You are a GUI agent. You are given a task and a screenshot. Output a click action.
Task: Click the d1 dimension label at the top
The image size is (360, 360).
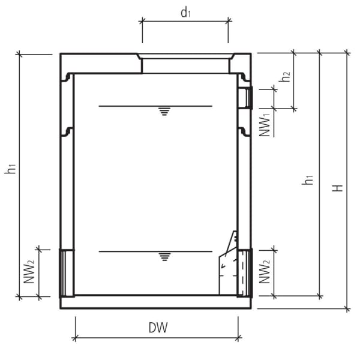point(185,13)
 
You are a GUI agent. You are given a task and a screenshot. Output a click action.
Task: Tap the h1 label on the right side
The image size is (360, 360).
point(308,179)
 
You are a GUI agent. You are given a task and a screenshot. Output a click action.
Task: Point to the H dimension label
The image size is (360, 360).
point(339,187)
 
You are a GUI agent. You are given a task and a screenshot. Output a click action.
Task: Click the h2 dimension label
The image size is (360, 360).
point(286,76)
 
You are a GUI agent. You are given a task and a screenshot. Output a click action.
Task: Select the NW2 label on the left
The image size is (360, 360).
point(28,271)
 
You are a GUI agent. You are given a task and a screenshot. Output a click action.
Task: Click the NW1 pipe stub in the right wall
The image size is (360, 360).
point(245,97)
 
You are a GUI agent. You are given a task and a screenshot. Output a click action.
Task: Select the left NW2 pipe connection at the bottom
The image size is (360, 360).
point(67,272)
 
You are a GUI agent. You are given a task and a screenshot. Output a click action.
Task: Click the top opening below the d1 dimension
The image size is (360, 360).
point(185,64)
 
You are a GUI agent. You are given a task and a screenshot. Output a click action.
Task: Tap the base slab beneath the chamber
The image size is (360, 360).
point(156,302)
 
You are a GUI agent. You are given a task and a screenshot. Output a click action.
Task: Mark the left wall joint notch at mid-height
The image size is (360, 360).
point(68,131)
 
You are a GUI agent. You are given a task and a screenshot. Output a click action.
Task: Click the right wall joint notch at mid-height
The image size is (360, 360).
point(244,131)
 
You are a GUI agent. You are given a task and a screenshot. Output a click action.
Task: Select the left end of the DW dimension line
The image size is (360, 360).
point(75,338)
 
